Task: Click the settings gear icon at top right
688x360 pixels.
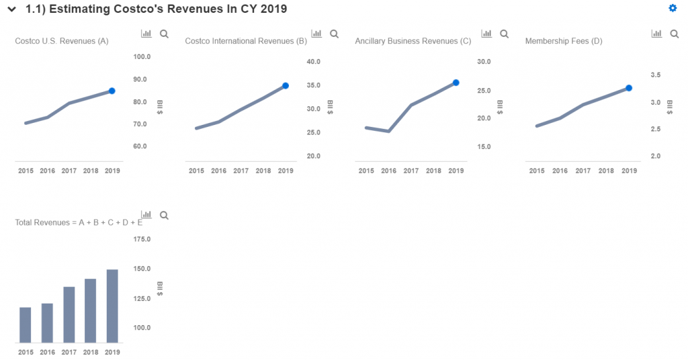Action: [673, 8]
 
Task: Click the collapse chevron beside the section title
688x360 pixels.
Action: [11, 9]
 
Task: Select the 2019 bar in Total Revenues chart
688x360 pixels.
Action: [112, 306]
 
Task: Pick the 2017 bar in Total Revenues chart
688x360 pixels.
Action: [69, 314]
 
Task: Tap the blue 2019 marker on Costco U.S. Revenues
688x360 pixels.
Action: [112, 91]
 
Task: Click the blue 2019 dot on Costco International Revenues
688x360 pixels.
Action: [286, 86]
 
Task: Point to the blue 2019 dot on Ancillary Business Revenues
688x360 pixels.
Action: [456, 83]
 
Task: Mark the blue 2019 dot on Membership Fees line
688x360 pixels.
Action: [629, 88]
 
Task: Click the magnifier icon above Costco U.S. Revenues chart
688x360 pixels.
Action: [165, 34]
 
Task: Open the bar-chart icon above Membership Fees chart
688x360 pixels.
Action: [656, 34]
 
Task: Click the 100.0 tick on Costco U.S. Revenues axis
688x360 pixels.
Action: [141, 57]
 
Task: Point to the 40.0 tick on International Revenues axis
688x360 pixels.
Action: [314, 62]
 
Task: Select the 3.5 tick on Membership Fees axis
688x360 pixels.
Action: [655, 75]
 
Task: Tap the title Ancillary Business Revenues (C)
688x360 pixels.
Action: [413, 42]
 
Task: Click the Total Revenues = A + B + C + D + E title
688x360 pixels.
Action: [79, 222]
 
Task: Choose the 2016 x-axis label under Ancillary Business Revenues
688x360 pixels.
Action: [389, 171]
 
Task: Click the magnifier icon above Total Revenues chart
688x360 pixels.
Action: [165, 216]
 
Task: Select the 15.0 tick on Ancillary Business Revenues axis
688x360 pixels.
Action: [484, 146]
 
